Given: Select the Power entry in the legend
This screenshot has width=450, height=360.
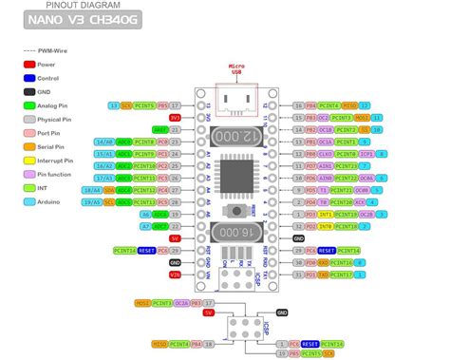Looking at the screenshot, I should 35,63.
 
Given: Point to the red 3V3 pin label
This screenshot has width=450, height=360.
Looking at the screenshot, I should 174,117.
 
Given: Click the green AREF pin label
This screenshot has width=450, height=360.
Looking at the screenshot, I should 174,129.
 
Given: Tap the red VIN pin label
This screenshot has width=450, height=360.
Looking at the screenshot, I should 175,275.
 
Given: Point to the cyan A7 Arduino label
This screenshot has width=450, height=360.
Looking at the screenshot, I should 145,226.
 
